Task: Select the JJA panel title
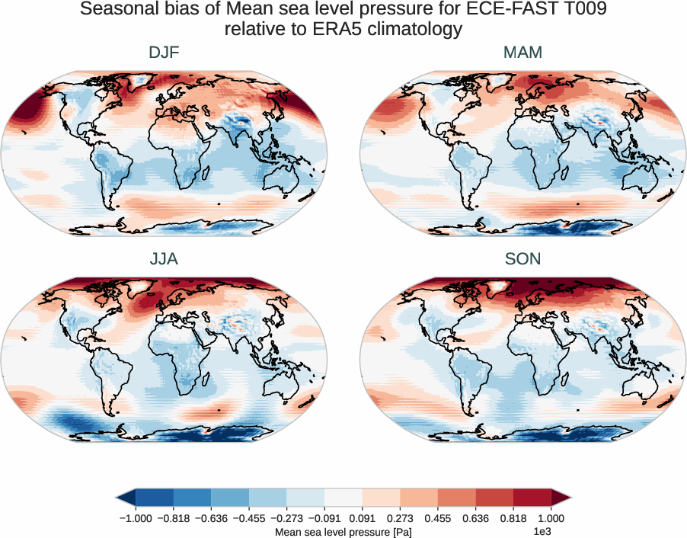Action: point(164,259)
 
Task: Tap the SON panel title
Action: point(522,259)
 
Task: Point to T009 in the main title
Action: point(578,10)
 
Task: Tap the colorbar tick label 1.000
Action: point(551,517)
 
